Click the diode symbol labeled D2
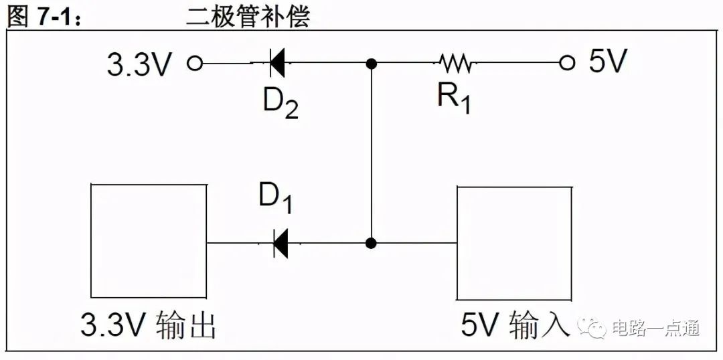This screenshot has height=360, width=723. coord(276,63)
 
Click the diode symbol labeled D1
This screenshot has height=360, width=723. coord(280,243)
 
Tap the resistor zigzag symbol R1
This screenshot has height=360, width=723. coord(455,63)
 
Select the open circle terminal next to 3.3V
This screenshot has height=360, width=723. coord(195,63)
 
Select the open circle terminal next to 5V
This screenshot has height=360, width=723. coord(567,63)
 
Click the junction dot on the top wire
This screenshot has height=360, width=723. coord(371,63)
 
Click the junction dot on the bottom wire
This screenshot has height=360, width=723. coord(371,244)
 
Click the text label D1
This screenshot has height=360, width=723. coord(275,199)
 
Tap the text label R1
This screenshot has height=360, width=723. coord(454,98)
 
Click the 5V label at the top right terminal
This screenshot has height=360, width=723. coord(608,62)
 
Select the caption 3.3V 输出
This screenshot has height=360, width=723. coord(148,325)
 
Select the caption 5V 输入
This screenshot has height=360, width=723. coord(513,326)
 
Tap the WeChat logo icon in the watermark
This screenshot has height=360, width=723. coord(592,328)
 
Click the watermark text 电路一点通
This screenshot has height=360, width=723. coord(656,328)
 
